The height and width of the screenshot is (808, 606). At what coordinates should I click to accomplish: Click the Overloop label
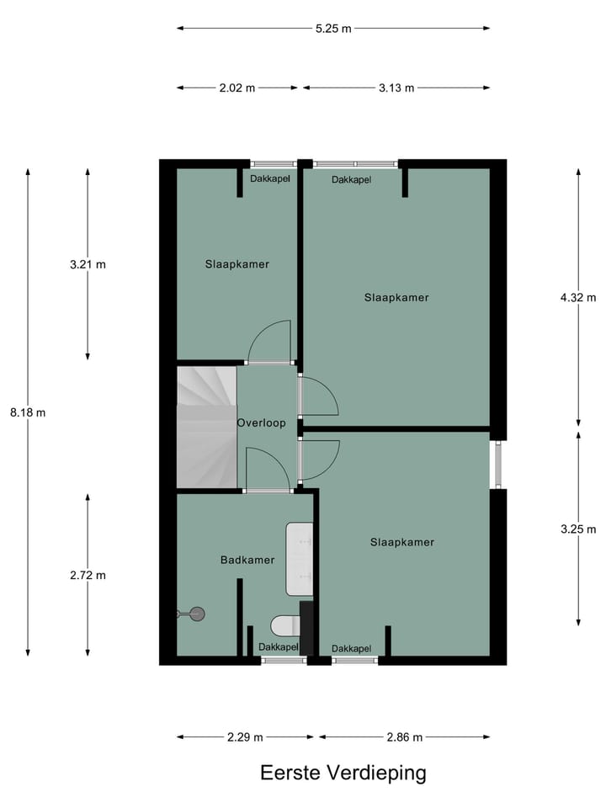[261, 423]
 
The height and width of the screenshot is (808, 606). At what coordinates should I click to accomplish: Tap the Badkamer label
[247, 560]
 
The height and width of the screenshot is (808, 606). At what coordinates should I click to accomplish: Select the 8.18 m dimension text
[29, 412]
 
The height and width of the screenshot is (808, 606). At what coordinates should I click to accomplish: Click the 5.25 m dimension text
[333, 28]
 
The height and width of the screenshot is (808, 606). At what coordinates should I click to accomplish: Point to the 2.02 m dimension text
[238, 88]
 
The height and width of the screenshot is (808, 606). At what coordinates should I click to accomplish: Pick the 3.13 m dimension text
[396, 88]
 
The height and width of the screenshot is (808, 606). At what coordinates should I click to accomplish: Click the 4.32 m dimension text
[578, 297]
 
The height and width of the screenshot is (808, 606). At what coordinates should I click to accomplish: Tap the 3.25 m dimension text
[578, 529]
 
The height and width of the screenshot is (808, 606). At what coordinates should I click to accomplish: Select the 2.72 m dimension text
[88, 576]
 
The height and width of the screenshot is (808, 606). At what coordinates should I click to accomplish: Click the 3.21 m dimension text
[88, 264]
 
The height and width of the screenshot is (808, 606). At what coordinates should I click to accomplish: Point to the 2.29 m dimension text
[245, 737]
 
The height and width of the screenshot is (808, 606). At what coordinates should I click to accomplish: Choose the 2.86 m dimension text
[404, 737]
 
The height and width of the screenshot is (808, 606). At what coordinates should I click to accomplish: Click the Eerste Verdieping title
[343, 773]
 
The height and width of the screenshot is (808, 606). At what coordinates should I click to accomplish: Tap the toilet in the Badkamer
[284, 625]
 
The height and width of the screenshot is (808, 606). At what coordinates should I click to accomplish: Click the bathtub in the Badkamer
[300, 558]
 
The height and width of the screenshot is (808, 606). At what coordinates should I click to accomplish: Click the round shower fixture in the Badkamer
[197, 614]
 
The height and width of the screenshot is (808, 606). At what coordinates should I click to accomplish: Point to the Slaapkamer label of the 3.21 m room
[237, 264]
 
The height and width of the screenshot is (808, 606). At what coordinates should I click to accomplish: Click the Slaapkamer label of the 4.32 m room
[396, 297]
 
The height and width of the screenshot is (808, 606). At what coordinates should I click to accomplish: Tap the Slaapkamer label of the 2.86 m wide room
[402, 542]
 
